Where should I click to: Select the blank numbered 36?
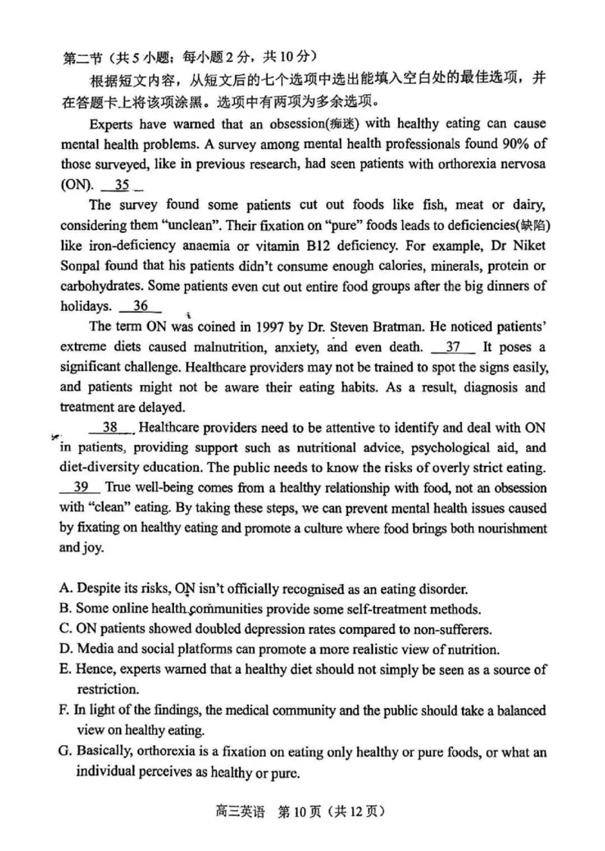point(141,306)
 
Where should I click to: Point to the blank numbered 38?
point(111,427)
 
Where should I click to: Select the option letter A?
point(65,589)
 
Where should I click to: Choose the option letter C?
point(65,629)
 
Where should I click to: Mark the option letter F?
point(65,710)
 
